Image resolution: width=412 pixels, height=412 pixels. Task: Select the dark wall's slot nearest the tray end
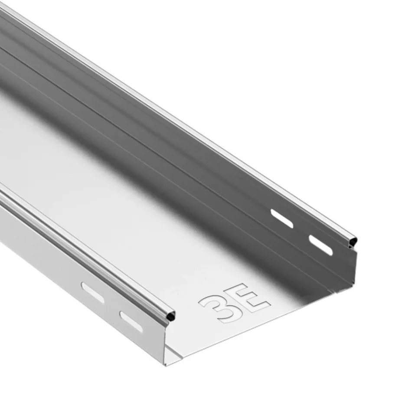click(x=321, y=245)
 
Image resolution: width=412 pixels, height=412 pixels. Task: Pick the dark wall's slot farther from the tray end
click(x=282, y=218)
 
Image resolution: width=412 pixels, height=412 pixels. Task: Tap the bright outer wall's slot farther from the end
click(x=92, y=292)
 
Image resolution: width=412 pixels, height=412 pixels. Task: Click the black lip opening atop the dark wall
click(x=353, y=240)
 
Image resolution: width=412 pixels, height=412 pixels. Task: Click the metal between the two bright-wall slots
click(x=111, y=307)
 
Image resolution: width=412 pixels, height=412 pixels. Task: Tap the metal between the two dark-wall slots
click(x=301, y=231)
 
